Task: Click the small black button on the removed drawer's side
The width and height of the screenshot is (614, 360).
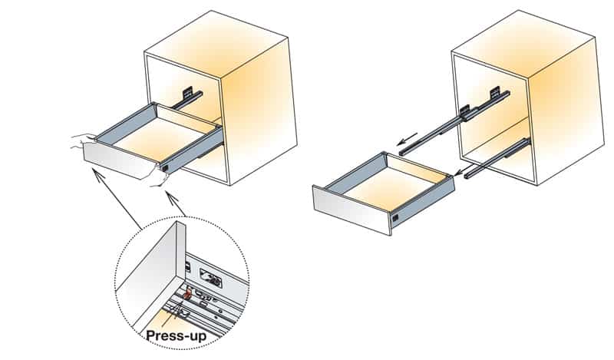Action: coord(395,219)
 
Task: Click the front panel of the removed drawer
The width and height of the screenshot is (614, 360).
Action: coord(353,210)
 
